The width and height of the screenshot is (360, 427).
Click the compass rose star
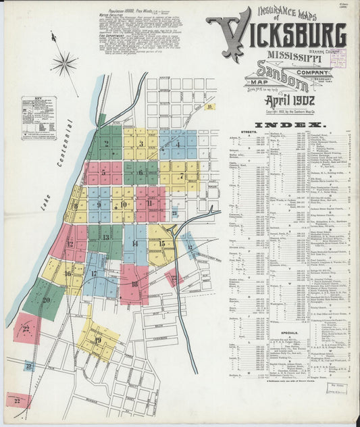[x=64, y=65]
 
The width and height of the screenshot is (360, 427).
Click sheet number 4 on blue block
[x=178, y=143]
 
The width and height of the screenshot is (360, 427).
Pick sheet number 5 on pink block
[x=103, y=172]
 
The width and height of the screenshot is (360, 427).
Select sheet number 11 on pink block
[x=149, y=203]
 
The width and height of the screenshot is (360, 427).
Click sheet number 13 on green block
[x=106, y=237]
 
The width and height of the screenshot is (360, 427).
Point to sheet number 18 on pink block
[x=134, y=284]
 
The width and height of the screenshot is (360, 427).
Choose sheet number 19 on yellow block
[x=98, y=339]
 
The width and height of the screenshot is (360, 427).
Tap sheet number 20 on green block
[x=46, y=300]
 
